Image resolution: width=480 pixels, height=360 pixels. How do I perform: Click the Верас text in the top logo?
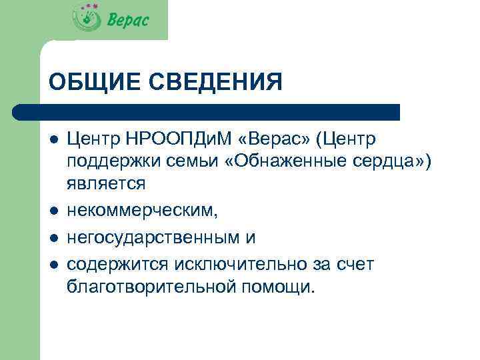point(128,20)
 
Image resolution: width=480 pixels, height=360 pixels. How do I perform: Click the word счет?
point(357,264)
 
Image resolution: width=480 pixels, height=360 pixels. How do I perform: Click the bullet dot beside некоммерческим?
point(53,211)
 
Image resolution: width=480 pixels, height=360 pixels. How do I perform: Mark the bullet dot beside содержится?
point(53,265)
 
